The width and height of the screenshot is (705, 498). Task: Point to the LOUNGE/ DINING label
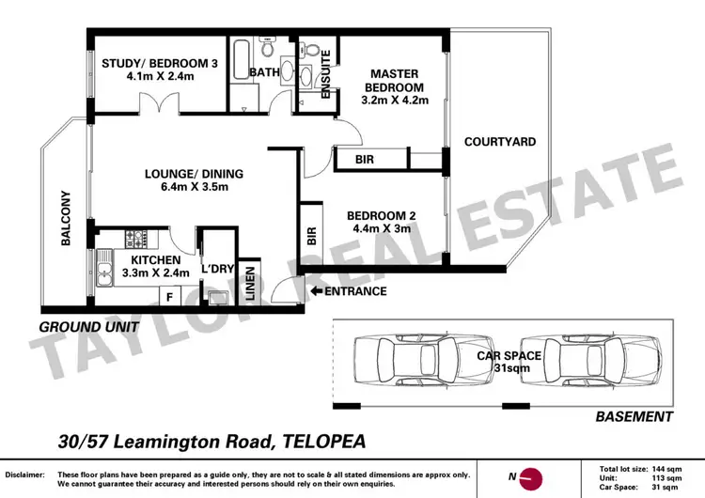(194, 174)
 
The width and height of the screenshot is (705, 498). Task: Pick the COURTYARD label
(500, 142)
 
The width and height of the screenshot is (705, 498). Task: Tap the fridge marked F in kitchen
(169, 298)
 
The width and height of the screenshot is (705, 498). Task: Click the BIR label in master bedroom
(365, 161)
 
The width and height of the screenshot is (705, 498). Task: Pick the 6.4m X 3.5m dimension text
(194, 188)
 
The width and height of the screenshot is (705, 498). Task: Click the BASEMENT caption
(636, 416)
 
